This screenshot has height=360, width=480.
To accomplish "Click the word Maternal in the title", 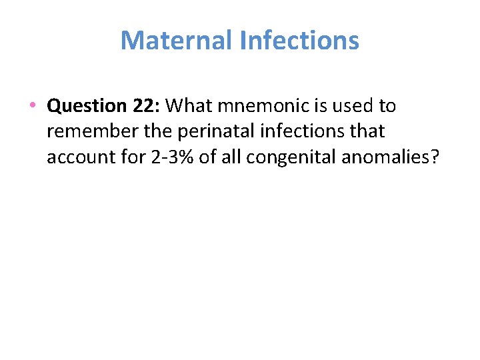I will point(176,40).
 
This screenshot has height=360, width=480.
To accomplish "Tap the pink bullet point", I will point(33,105).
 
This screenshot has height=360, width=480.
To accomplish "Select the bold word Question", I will point(83,105).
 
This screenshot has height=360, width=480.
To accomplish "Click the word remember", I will point(87,131).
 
